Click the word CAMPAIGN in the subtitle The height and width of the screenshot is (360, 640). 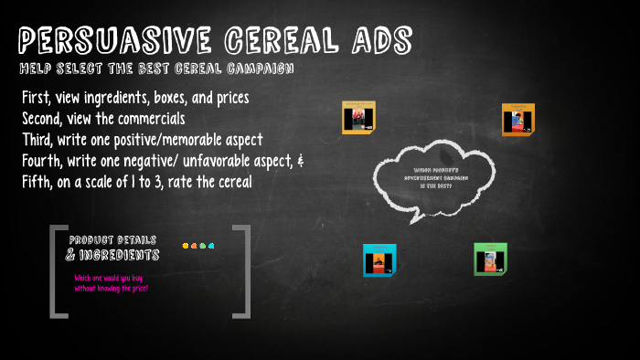(259, 69)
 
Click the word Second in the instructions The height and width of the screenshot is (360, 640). (43, 119)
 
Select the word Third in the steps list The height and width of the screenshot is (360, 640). (38, 140)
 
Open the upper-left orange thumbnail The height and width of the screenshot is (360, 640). (358, 118)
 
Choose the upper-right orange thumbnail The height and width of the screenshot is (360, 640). (518, 119)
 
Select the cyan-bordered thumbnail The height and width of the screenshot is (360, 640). (379, 260)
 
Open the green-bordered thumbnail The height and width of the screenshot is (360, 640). (490, 259)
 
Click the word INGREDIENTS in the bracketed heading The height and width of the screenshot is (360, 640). (119, 255)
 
